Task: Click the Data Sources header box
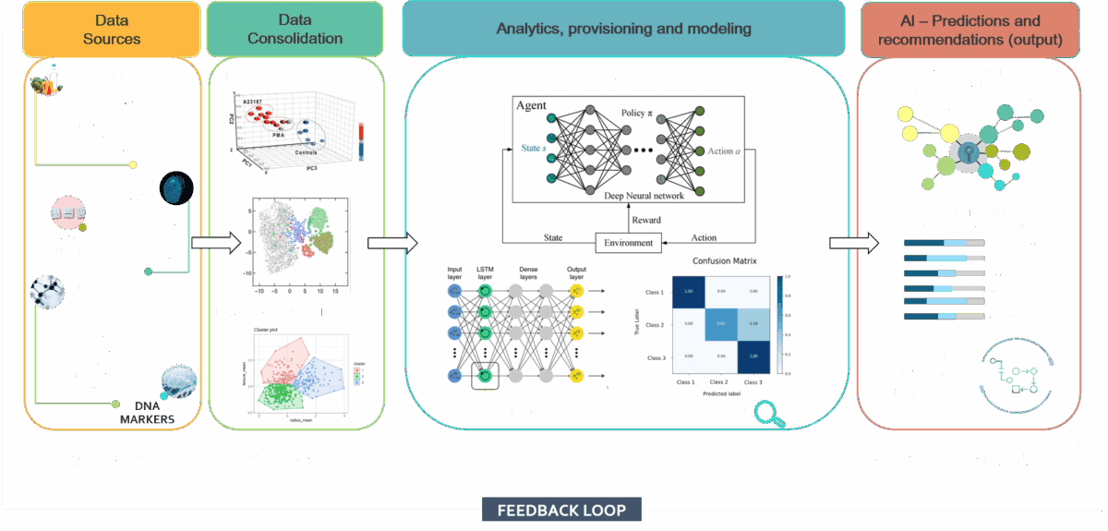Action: [x=111, y=29]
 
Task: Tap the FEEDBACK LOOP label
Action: [x=562, y=510]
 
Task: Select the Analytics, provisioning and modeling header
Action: [x=624, y=29]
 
